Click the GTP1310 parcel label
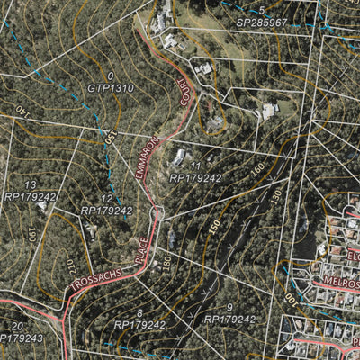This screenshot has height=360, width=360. point(111,89)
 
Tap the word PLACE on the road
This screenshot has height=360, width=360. point(143,244)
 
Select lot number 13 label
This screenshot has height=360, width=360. point(31,184)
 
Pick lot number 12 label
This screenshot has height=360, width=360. point(106,199)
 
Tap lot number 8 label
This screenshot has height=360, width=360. point(139,312)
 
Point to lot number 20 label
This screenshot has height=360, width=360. point(17,326)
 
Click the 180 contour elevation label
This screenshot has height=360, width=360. point(166,262)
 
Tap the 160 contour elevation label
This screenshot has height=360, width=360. point(259,168)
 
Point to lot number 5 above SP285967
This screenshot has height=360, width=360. point(262,9)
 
